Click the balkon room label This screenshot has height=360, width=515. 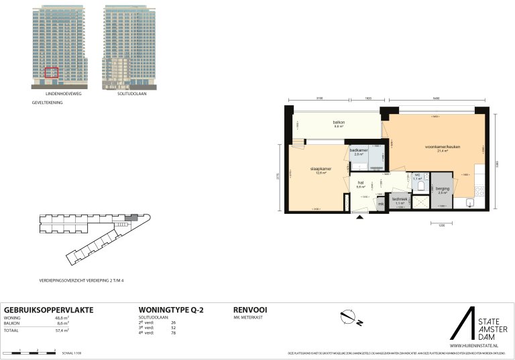(x=339, y=123)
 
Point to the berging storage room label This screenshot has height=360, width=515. (x=443, y=190)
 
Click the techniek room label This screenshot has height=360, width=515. (x=400, y=200)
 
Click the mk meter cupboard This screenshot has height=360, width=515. (x=380, y=204)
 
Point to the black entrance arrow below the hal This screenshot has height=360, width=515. (x=361, y=217)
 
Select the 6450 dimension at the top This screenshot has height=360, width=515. (x=436, y=99)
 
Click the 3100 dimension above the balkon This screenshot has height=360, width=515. (x=319, y=99)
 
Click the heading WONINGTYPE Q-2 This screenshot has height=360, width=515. (x=170, y=309)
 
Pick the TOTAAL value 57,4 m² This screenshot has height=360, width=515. (x=63, y=331)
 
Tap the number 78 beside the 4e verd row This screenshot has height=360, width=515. (x=174, y=333)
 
